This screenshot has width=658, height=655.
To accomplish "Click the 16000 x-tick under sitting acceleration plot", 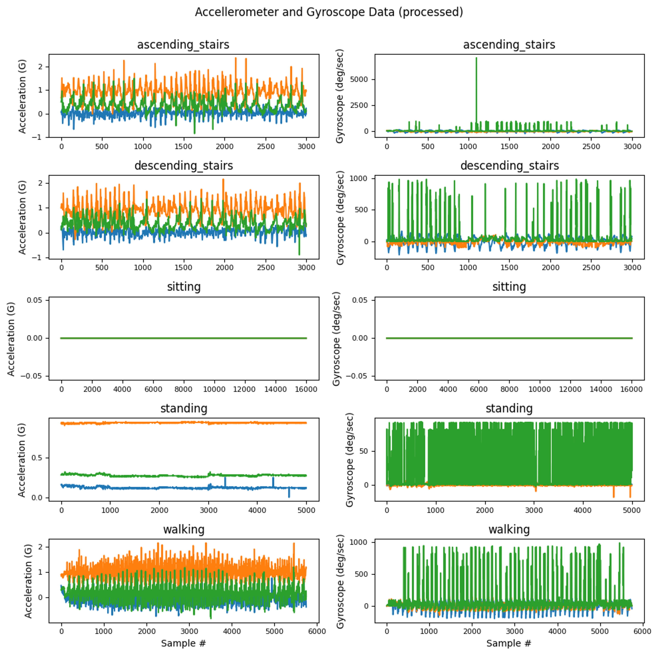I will coord(306,389).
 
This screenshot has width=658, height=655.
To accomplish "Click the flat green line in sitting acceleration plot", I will coord(184,338).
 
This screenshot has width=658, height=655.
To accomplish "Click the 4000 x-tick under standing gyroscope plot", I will coord(582,510).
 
